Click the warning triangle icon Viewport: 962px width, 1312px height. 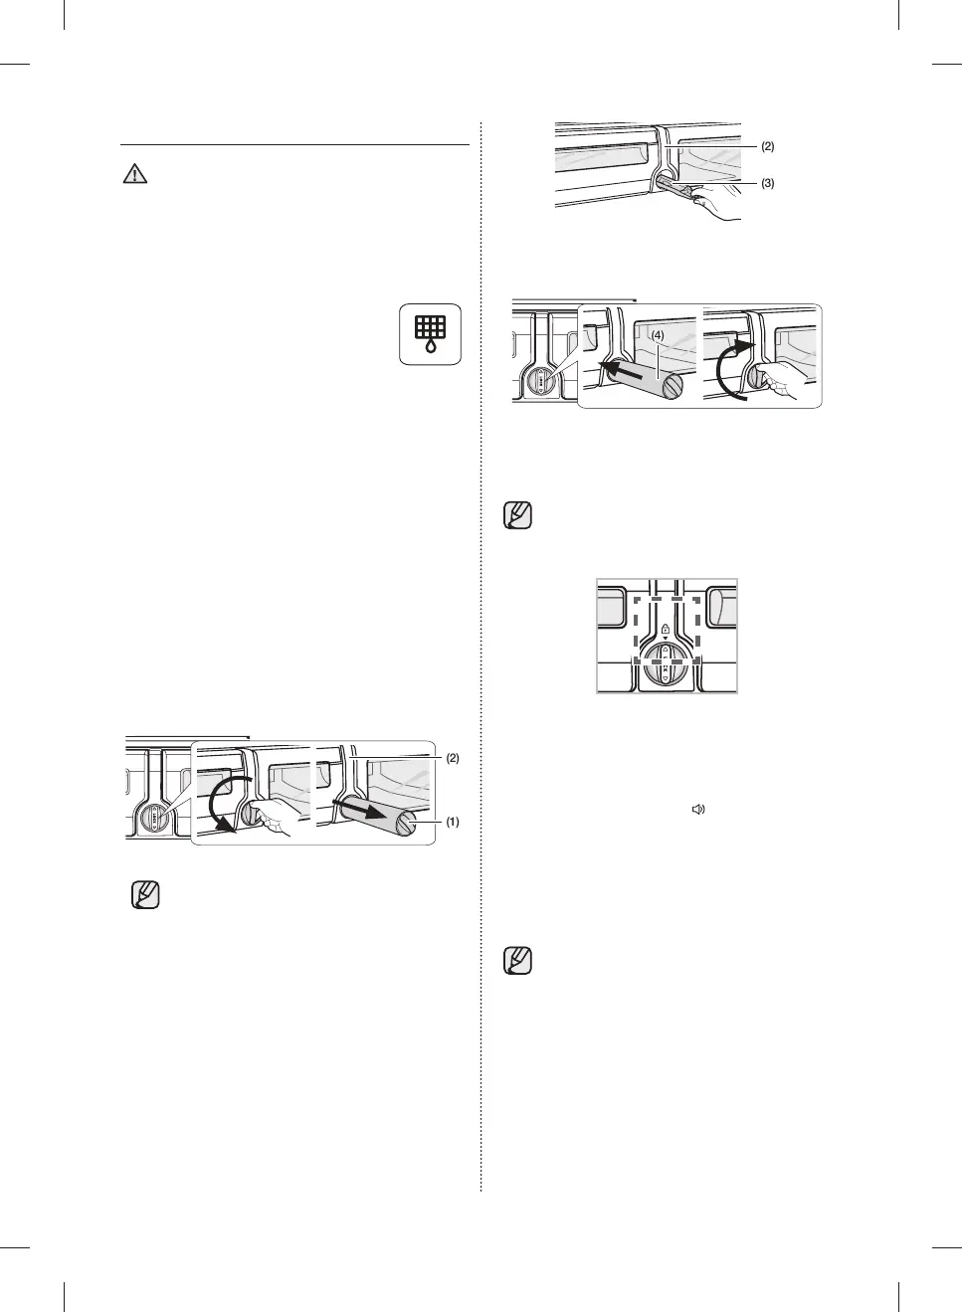[134, 174]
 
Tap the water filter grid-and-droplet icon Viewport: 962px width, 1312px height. [430, 334]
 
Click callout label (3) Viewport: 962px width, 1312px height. [767, 183]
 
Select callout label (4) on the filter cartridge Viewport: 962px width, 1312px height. [658, 336]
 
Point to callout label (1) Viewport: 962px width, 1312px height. [452, 823]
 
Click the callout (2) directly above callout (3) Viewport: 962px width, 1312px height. [767, 146]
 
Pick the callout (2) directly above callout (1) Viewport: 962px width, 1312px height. [452, 758]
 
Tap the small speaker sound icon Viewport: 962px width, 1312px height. [698, 810]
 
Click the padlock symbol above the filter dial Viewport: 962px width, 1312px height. [665, 630]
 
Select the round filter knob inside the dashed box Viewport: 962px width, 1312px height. [665, 663]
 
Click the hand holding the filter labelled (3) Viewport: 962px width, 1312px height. [718, 202]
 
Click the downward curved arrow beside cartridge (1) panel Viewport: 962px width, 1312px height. [224, 804]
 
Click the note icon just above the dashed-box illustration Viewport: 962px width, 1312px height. [518, 515]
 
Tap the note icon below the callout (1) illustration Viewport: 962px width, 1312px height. [145, 894]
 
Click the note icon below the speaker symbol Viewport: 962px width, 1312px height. [518, 960]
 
